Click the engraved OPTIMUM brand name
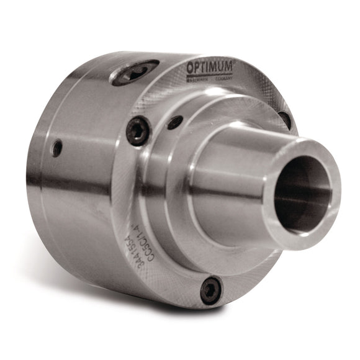pos(209,66)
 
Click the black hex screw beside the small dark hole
pos(138,131)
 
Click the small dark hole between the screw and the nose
pos(175,122)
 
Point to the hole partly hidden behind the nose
pos(285,119)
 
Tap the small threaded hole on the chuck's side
pos(57,148)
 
